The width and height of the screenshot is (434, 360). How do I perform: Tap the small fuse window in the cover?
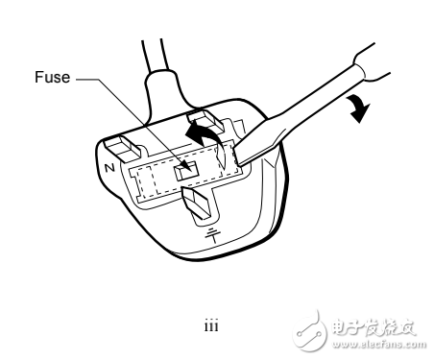click(188, 169)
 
